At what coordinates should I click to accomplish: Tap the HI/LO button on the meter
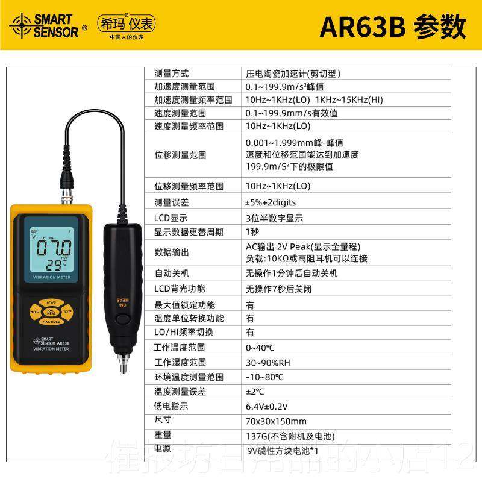tap(35, 311)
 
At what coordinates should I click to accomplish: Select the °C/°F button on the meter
tap(68, 311)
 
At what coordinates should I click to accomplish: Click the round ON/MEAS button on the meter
tap(52, 311)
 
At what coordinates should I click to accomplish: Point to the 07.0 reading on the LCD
tap(54, 248)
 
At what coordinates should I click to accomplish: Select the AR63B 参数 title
tap(392, 27)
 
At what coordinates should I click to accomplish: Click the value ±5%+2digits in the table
tap(271, 202)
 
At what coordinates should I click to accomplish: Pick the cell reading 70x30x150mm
tap(276, 421)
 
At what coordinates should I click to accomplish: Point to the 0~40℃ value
tap(260, 348)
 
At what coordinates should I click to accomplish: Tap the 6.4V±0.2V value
tap(267, 407)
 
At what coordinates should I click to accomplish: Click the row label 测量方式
tap(171, 74)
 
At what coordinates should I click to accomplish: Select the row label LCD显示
tap(171, 218)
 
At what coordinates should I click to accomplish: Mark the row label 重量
tap(163, 435)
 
